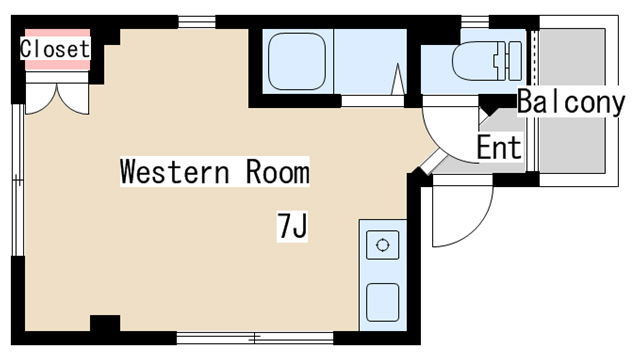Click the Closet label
pos(55,49)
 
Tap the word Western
pos(175,172)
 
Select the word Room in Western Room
pos(278,172)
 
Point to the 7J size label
pos(292,225)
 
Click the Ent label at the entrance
pos(499,147)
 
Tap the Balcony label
pos(571,102)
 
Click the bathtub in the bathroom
pos(297,62)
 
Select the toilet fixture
pos(487,60)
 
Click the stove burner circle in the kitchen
pos(382,245)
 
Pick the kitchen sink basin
pos(382,302)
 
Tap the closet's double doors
pos(57,98)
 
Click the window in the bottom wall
pos(255,338)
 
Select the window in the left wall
pos(18,180)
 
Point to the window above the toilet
pos(475,22)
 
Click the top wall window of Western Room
pos(197,22)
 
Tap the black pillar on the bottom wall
pos(105,323)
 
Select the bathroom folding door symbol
pos(398,79)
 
